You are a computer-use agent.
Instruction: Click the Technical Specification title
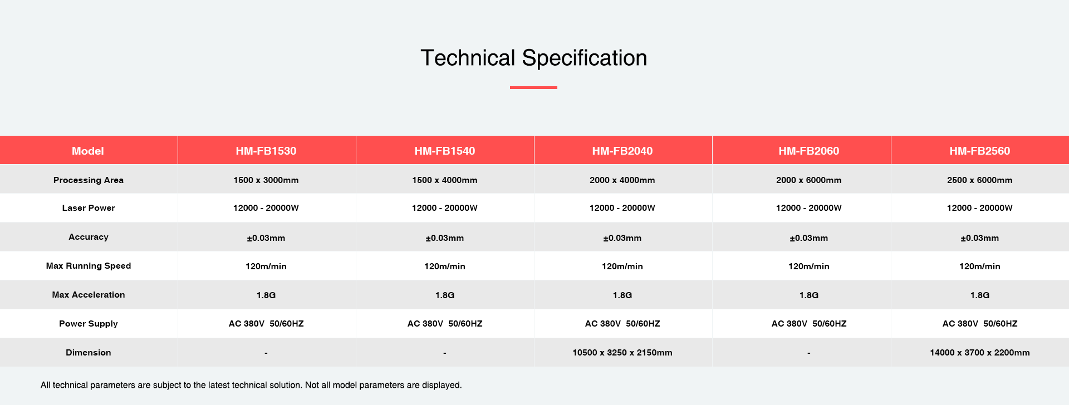point(533,58)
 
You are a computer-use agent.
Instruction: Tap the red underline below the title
point(533,87)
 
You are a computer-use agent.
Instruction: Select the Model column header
point(88,151)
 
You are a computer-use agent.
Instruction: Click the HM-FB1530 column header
point(266,151)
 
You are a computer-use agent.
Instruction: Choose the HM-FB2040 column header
point(622,151)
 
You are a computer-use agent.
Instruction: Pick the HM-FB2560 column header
point(980,151)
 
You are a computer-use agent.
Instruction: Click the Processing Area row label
point(89,180)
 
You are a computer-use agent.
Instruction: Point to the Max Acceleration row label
point(89,295)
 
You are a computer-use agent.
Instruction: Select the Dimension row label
point(89,353)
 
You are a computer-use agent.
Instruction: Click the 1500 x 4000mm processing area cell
point(445,180)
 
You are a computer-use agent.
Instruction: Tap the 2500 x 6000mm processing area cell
point(980,180)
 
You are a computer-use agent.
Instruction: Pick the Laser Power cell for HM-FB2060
point(809,208)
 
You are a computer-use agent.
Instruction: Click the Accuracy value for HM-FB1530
point(266,238)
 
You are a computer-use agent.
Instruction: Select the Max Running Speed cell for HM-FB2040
point(622,266)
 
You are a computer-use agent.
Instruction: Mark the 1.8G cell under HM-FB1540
point(445,295)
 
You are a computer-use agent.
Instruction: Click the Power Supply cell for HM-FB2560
point(980,324)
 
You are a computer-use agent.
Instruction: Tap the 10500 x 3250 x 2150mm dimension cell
point(622,353)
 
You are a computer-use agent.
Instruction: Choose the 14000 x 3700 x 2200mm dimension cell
point(980,353)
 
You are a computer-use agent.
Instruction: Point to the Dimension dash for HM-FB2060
point(809,353)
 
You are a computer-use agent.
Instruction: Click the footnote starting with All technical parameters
point(251,385)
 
